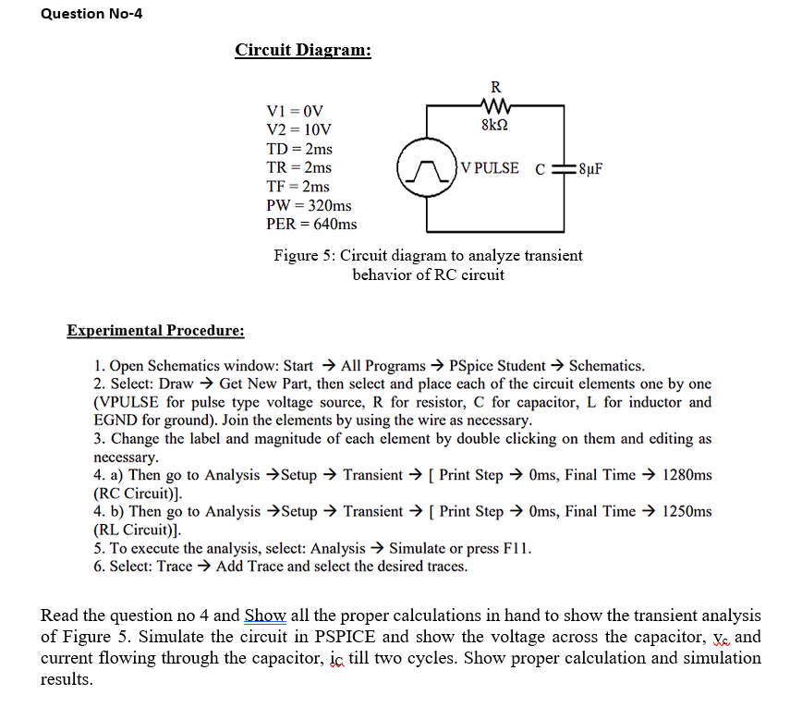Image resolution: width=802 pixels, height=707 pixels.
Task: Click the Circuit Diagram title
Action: (x=303, y=50)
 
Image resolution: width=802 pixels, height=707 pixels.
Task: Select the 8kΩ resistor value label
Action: (x=496, y=125)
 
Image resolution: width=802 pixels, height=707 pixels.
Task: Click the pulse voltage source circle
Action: (x=425, y=169)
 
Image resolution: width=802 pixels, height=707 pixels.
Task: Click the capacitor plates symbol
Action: (x=563, y=169)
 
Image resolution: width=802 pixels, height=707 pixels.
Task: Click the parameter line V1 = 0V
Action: (x=295, y=111)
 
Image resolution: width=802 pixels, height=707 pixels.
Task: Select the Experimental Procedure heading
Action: (x=155, y=331)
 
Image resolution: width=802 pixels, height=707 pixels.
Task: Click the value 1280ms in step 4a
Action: (x=687, y=475)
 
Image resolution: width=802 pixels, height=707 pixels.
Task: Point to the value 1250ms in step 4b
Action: (x=687, y=511)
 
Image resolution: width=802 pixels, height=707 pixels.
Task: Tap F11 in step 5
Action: (x=516, y=548)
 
